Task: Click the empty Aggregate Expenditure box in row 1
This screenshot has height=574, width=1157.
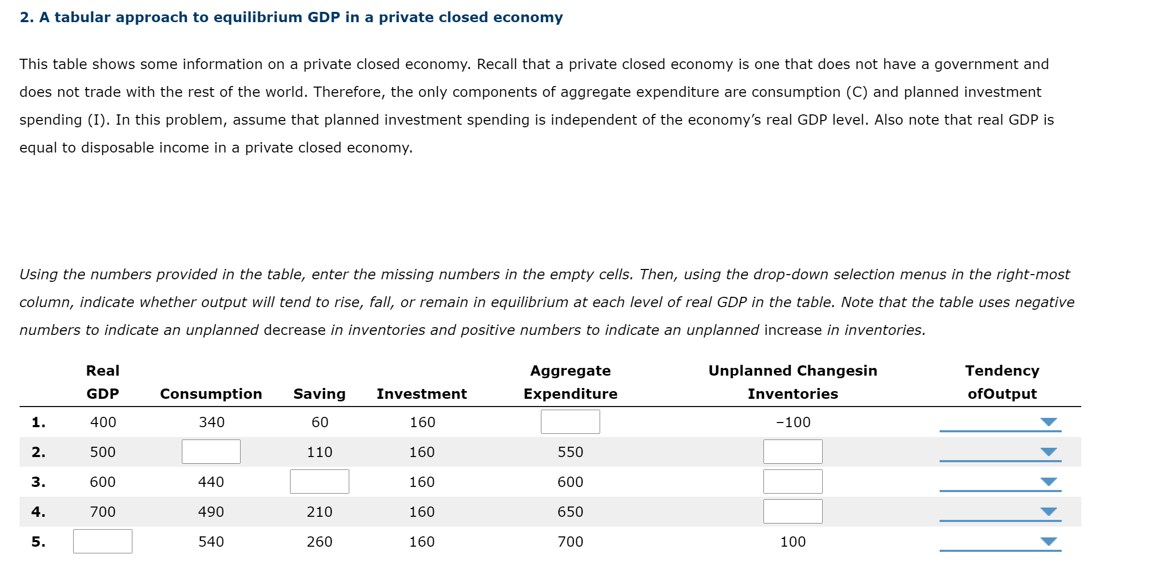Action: click(x=570, y=421)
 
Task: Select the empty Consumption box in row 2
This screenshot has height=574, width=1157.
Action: click(x=211, y=451)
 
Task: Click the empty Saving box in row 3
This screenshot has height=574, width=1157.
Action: click(x=319, y=481)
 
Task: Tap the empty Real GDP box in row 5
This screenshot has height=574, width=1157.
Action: click(x=103, y=541)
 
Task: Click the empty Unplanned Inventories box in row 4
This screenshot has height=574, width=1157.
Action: click(x=793, y=511)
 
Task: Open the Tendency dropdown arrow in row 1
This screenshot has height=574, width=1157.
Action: click(x=1048, y=422)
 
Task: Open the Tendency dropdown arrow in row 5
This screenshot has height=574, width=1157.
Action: click(x=1048, y=542)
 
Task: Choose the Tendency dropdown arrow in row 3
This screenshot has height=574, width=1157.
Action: click(x=1048, y=482)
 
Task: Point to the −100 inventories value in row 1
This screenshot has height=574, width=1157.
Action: click(x=793, y=422)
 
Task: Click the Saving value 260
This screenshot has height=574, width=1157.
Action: click(x=319, y=542)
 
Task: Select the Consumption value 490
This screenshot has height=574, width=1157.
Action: click(x=211, y=512)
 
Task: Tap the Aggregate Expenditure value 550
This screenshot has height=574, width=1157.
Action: click(x=570, y=452)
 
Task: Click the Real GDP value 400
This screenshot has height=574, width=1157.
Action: click(x=103, y=422)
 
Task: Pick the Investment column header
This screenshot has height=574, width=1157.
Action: click(x=421, y=394)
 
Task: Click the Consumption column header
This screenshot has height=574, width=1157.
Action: click(x=211, y=394)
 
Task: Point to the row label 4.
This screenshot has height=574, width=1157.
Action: click(x=38, y=512)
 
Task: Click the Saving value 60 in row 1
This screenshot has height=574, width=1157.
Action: click(x=320, y=422)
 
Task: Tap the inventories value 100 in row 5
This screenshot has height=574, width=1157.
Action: click(x=793, y=542)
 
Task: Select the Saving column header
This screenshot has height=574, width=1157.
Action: click(x=319, y=394)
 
